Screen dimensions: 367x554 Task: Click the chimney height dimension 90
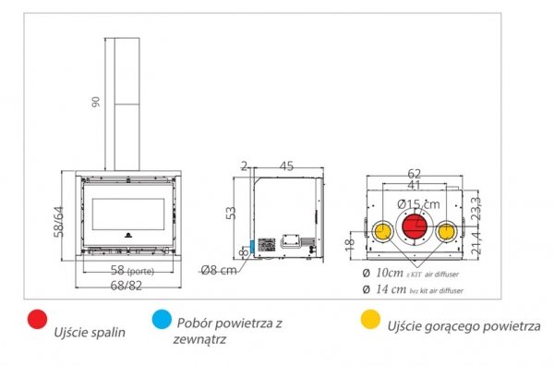point(95,103)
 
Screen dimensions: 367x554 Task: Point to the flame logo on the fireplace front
point(126,235)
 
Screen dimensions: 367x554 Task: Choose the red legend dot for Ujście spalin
point(38,321)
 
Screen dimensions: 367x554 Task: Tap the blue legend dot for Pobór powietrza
point(162,321)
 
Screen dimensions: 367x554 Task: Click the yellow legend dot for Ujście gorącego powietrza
point(368,321)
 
